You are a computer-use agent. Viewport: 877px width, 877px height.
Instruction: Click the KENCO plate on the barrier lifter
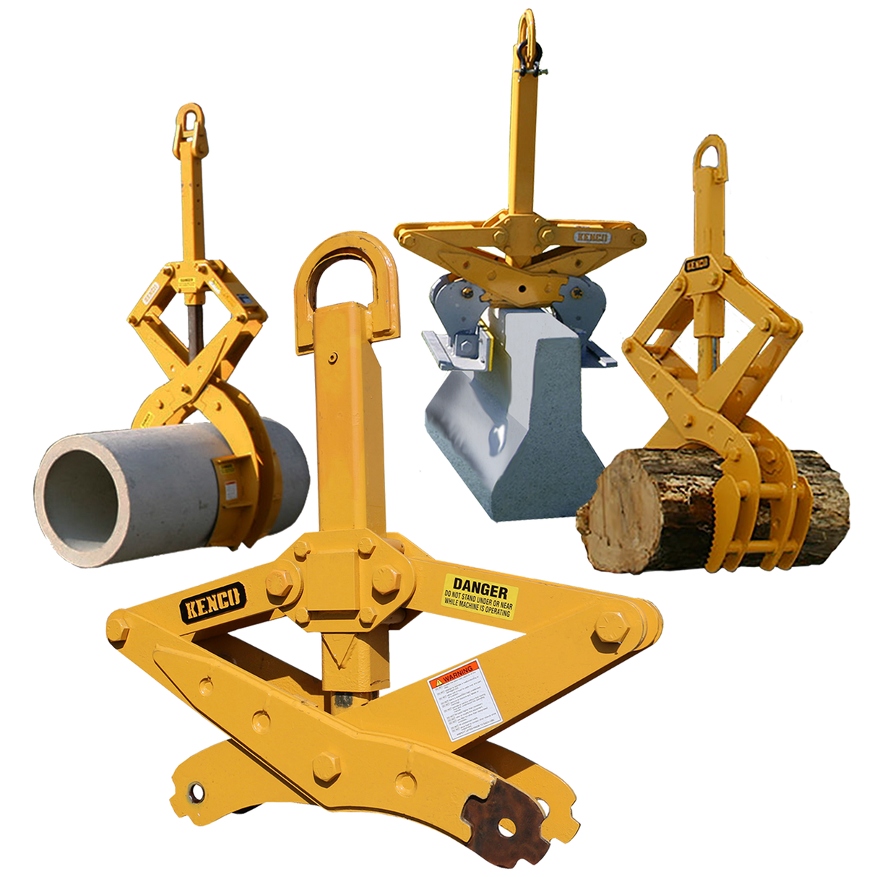(x=592, y=236)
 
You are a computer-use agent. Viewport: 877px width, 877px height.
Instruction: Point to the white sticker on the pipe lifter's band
(x=230, y=491)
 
